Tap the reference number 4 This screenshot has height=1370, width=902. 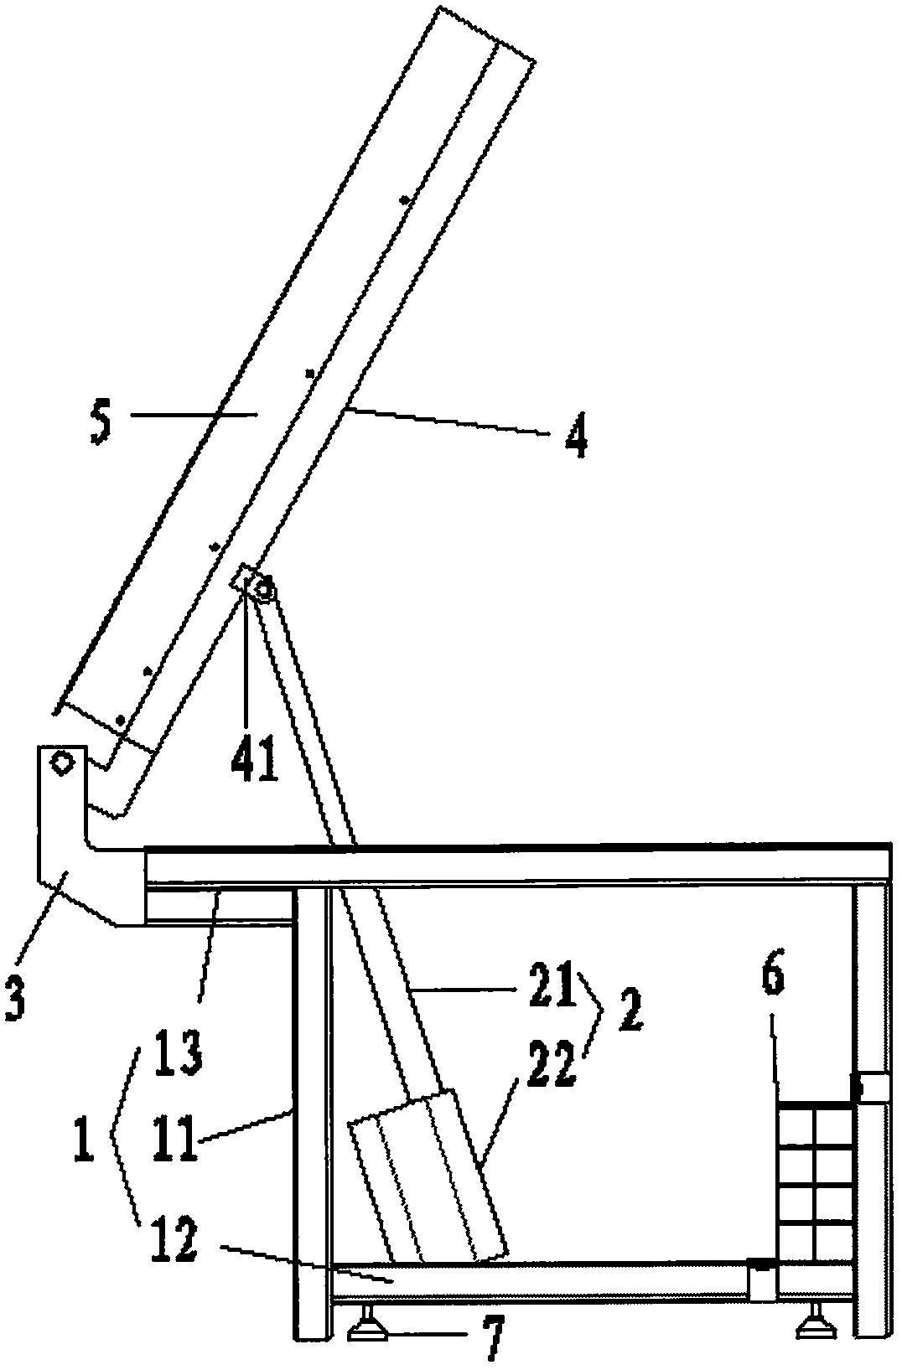pyautogui.click(x=575, y=436)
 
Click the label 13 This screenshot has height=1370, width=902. pyautogui.click(x=178, y=1052)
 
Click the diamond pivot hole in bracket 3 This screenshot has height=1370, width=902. pyautogui.click(x=62, y=763)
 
